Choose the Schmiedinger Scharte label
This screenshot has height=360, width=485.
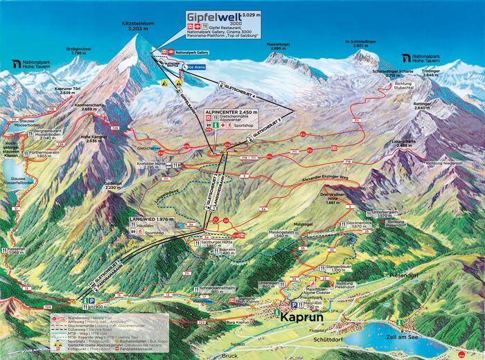point(396,73)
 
